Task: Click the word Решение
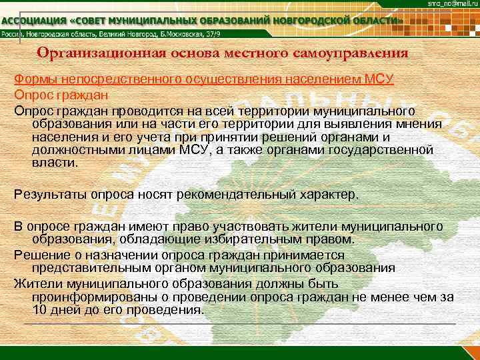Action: pyautogui.click(x=38, y=255)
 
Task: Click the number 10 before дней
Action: pyautogui.click(x=39, y=310)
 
